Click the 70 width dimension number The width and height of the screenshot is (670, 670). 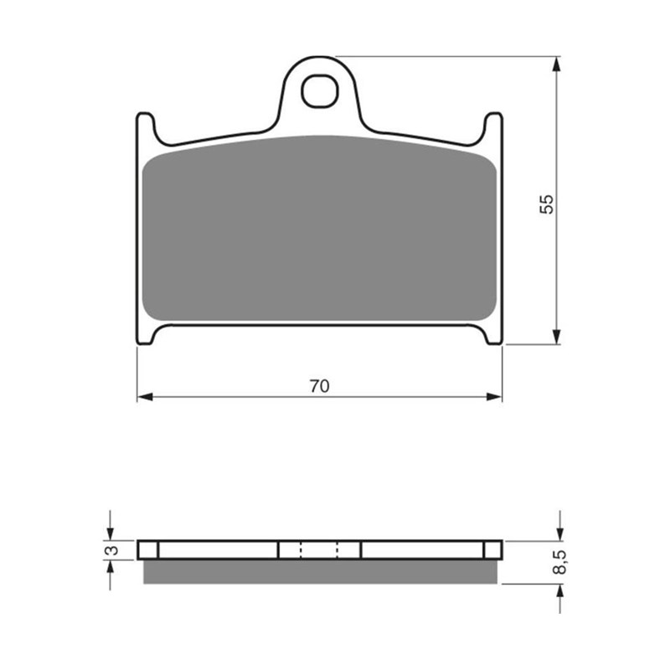(320, 386)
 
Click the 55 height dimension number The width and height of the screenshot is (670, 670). (547, 204)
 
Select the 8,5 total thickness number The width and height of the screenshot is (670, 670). (560, 562)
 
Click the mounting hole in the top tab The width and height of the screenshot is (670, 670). (320, 91)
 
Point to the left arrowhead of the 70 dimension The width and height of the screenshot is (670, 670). (145, 397)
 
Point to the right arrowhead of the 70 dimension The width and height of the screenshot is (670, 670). (494, 397)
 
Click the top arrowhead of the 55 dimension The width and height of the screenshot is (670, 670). (556, 64)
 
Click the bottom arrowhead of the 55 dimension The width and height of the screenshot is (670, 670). (556, 337)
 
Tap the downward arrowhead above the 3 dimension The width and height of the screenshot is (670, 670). (111, 533)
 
